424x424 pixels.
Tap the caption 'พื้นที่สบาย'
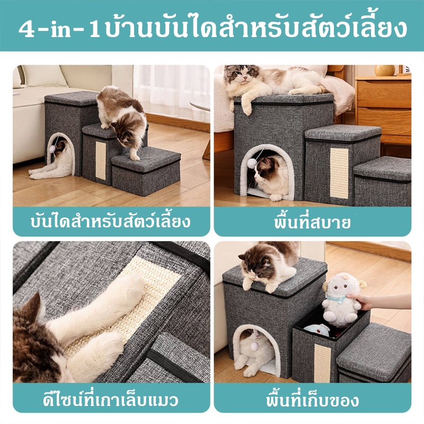click(x=312, y=222)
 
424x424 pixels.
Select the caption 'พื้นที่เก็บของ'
click(x=313, y=400)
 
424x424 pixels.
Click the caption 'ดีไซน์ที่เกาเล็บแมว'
click(x=111, y=400)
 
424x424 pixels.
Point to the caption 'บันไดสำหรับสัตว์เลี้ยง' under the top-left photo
click(x=111, y=222)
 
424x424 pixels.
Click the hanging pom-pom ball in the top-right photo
click(x=252, y=163)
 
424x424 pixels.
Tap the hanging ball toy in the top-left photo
click(x=52, y=149)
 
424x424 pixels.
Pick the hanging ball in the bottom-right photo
click(x=255, y=346)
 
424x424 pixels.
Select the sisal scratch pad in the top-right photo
click(x=339, y=173)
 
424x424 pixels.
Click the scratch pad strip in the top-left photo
click(x=101, y=160)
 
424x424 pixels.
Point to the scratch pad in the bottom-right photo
click(x=322, y=363)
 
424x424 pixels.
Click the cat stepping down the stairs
click(x=122, y=119)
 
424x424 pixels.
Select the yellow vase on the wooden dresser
click(x=384, y=70)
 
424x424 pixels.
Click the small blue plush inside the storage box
click(x=317, y=330)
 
